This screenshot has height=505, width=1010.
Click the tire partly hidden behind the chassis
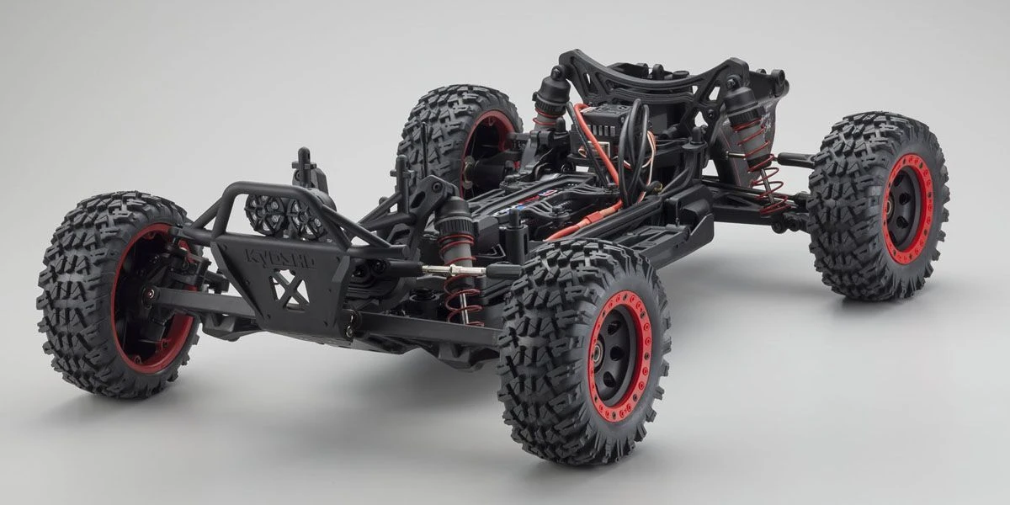click(x=438, y=126)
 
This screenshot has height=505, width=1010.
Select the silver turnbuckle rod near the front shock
click(x=450, y=269)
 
